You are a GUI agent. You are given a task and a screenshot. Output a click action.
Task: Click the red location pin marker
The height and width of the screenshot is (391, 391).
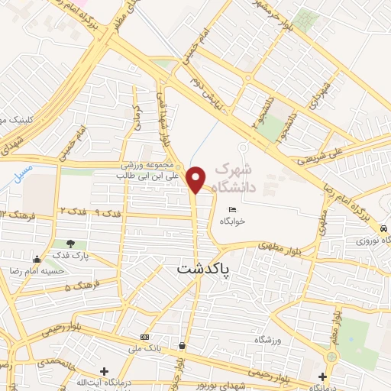pos(196,179)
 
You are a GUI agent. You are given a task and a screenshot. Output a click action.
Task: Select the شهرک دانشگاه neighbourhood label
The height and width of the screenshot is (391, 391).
pos(243,176)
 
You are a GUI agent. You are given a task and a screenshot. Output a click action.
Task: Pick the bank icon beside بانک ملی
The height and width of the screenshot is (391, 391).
pos(144,337)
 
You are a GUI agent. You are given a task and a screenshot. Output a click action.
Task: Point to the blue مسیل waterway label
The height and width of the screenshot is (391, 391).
pos(23,174)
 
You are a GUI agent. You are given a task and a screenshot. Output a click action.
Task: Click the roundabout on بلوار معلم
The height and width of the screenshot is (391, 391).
pos(331,357)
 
